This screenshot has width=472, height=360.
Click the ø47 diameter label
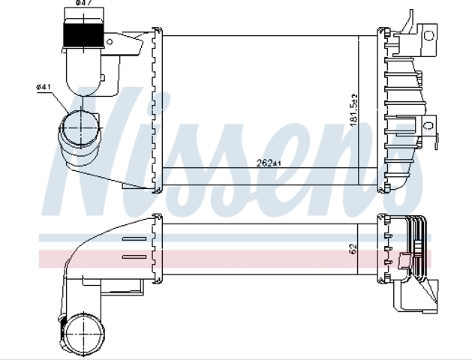tap(84, 3)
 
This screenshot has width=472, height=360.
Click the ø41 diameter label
tap(44, 87)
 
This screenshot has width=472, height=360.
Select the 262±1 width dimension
tap(269, 163)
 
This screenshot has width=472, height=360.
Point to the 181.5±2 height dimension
tap(353, 110)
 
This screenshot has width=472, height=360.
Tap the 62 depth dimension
tap(353, 248)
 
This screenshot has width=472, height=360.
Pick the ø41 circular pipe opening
tap(80, 127)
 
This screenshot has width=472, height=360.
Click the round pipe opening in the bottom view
tap(86, 334)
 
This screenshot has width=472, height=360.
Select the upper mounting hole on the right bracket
tap(428, 36)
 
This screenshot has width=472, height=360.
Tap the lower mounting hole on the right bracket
tap(428, 125)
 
